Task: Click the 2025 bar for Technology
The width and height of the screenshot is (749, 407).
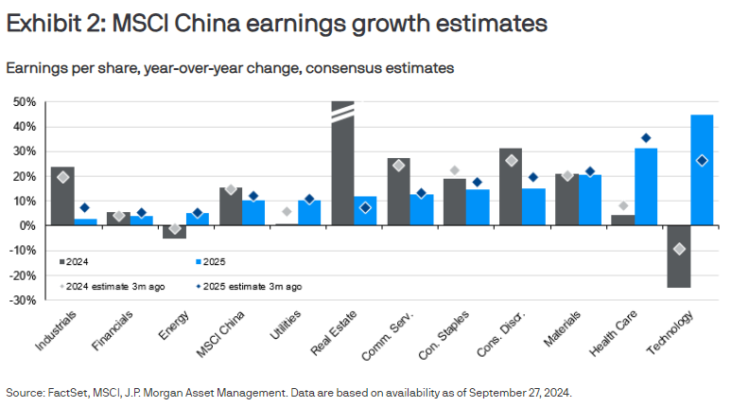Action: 702,170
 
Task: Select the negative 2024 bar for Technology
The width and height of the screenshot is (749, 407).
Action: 678,257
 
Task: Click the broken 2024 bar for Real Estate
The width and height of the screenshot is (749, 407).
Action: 342,166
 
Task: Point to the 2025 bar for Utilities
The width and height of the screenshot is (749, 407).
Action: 309,213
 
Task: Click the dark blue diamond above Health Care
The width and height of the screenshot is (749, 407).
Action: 647,138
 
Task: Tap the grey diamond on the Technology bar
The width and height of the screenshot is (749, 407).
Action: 678,249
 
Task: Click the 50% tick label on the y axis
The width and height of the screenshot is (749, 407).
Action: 24,102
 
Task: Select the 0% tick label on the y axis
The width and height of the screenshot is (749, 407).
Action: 27,226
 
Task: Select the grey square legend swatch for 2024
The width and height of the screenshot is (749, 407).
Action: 62,261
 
